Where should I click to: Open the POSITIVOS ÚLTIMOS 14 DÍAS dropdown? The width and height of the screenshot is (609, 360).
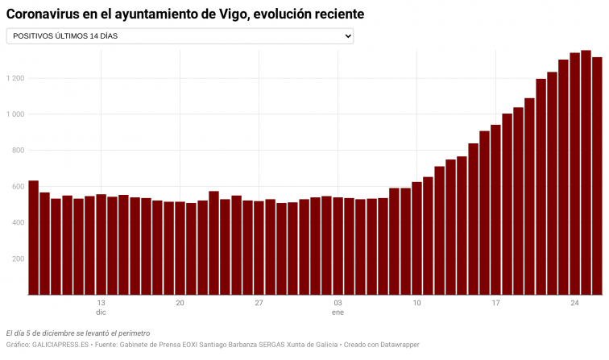click(180, 36)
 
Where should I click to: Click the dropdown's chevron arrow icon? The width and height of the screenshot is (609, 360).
click(347, 36)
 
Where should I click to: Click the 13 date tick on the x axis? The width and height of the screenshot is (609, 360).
click(101, 303)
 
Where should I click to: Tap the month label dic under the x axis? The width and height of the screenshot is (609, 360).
click(101, 312)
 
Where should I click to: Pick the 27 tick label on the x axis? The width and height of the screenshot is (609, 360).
click(259, 303)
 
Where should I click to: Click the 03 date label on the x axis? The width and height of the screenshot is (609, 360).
click(338, 303)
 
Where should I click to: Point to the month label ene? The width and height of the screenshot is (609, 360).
click(338, 312)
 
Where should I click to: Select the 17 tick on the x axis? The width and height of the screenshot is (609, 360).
click(495, 303)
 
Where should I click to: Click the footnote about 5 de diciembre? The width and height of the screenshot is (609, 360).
click(77, 333)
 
